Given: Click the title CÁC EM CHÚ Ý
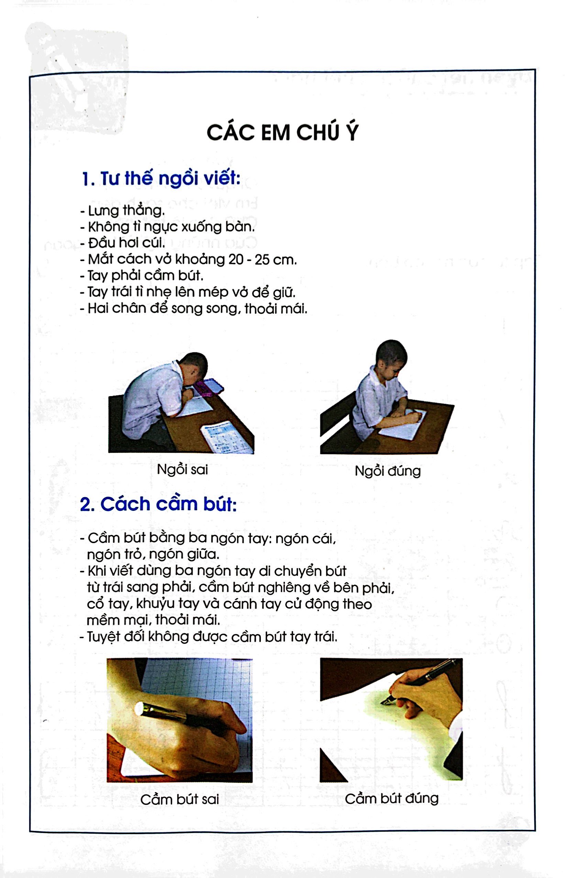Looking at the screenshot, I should coord(282,133).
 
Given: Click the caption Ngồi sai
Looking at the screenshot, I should coord(182,470).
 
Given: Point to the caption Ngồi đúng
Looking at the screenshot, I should coord(387,471).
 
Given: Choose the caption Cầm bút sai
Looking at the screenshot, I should coord(179,800).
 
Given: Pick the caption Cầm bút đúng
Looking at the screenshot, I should coord(391,798).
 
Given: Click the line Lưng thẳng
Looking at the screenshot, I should coord(123,211).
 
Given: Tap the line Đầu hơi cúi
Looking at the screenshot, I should coord(123,243).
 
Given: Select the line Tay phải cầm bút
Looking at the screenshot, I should coord(142,275).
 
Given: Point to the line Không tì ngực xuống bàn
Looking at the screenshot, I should coord(167,227).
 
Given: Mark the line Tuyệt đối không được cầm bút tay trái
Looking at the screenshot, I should coord(208,637).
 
